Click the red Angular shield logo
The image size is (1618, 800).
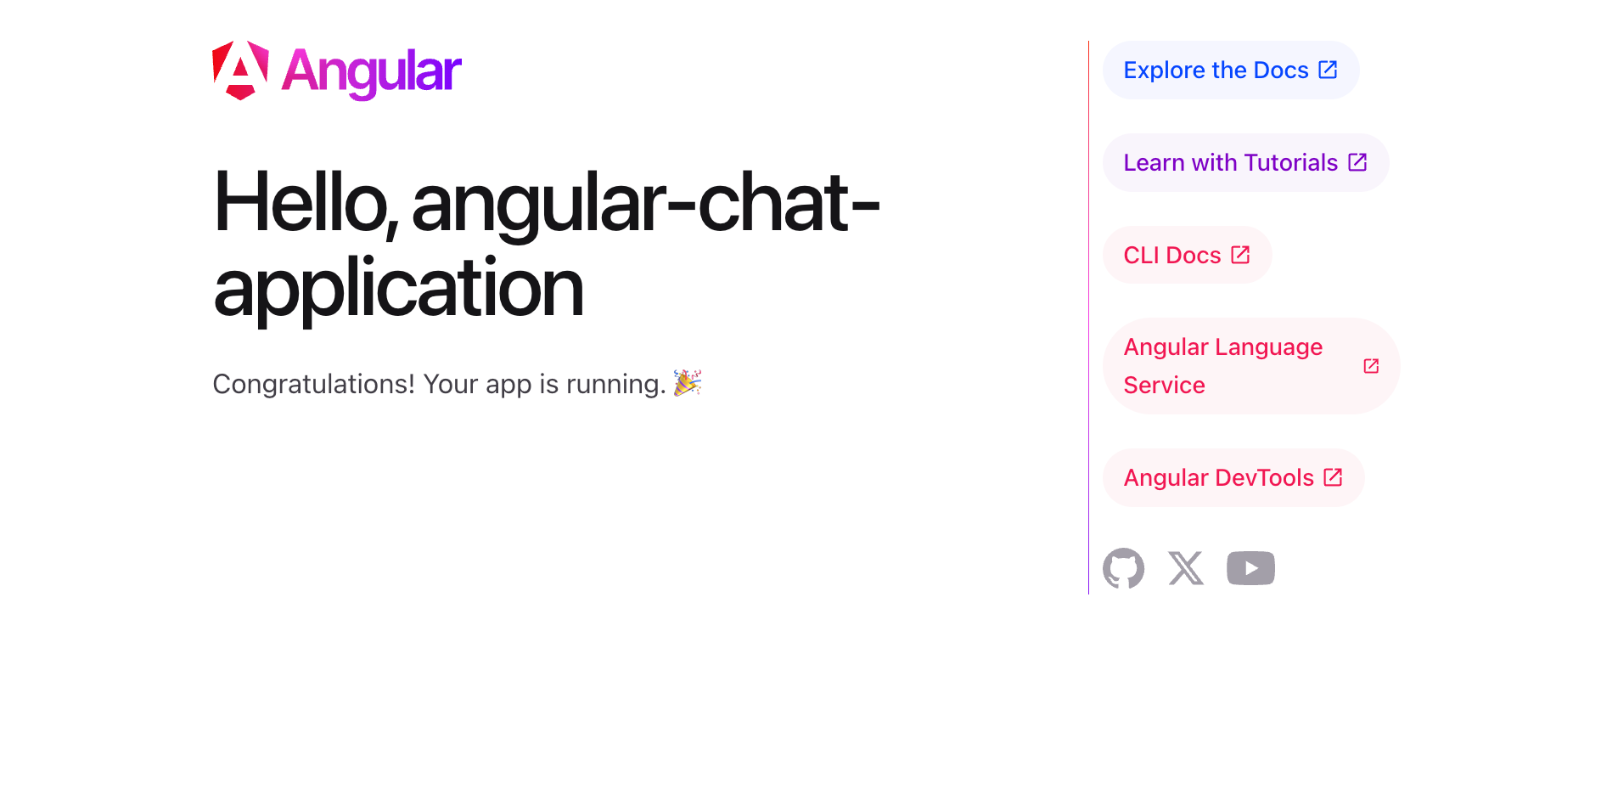(240, 70)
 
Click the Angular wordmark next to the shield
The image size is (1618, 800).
(372, 73)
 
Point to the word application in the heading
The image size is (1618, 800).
(399, 288)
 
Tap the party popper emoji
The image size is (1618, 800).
(688, 383)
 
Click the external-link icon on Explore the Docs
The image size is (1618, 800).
(1328, 70)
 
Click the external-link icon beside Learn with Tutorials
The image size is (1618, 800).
(1357, 161)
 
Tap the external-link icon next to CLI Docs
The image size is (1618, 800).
(1240, 255)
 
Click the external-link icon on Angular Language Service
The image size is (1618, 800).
(1371, 366)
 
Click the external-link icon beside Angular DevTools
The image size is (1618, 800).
(1333, 477)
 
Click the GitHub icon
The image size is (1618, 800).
(1123, 568)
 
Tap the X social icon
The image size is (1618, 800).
(1186, 568)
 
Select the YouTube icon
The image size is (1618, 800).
(1250, 568)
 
